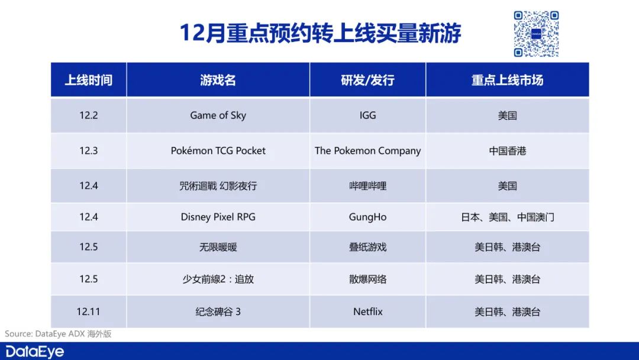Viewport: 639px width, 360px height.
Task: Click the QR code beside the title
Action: [x=536, y=34]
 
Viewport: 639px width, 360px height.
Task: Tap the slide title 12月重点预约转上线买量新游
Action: [x=320, y=33]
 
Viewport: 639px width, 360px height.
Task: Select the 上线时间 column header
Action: [x=88, y=80]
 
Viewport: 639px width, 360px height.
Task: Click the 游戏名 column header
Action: [x=218, y=80]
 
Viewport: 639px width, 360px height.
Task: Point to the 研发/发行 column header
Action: [x=367, y=80]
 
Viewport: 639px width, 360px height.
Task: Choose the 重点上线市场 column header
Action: [x=508, y=80]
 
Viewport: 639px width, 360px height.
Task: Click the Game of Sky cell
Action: [x=218, y=115]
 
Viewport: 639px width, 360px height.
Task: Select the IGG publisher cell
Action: [x=367, y=115]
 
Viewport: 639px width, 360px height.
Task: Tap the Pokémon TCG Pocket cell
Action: [x=218, y=151]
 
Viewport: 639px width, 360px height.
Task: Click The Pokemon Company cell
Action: [x=367, y=151]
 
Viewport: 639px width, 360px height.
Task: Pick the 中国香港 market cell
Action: [x=508, y=151]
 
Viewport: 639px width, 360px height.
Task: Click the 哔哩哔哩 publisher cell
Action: [x=367, y=186]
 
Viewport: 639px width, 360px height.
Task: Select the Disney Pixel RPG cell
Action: [x=218, y=217]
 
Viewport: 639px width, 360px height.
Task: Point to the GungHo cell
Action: [x=367, y=217]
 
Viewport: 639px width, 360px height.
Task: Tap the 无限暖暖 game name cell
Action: [x=218, y=247]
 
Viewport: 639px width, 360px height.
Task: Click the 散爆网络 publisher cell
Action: [x=367, y=279]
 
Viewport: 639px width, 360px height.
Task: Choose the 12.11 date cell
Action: [x=88, y=311]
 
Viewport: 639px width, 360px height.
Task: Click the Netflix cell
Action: [x=367, y=311]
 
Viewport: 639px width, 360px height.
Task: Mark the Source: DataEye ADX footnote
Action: [x=58, y=334]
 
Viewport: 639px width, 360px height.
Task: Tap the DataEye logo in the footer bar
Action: [x=35, y=352]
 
